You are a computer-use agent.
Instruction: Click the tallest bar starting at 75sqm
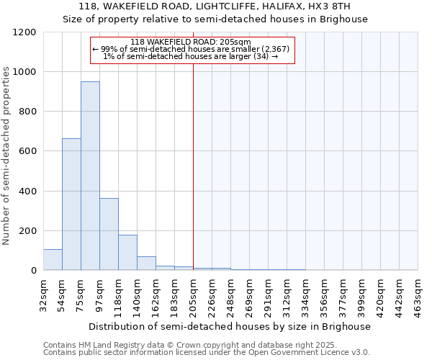click(90, 176)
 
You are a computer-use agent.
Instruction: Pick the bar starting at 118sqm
click(127, 252)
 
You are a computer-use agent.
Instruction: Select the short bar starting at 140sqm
click(146, 264)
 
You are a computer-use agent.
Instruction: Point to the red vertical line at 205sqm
click(193, 158)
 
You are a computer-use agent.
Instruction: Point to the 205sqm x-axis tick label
click(193, 293)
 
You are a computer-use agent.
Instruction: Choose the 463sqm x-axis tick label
click(418, 293)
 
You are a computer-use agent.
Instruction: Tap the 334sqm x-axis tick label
click(305, 293)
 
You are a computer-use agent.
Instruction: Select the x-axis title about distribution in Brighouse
click(230, 326)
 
